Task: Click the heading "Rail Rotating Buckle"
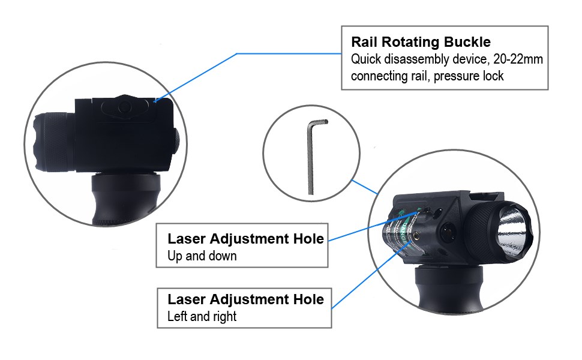pos(421,42)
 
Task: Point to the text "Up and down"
pos(202,256)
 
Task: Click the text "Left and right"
pos(202,316)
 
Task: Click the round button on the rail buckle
pos(125,107)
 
